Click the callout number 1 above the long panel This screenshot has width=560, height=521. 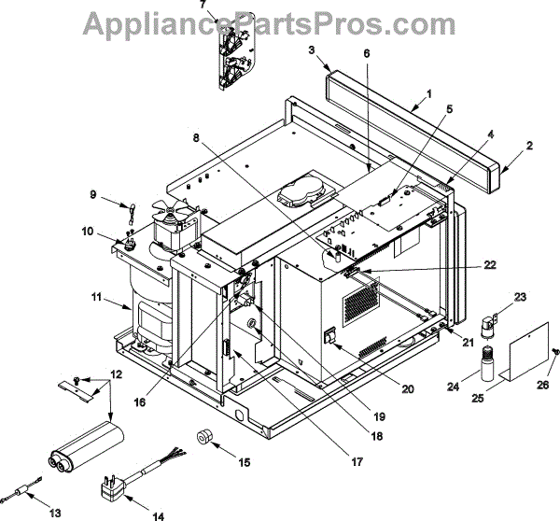click(428, 94)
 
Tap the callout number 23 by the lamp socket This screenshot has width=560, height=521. click(520, 297)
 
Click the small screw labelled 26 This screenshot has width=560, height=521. click(556, 351)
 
